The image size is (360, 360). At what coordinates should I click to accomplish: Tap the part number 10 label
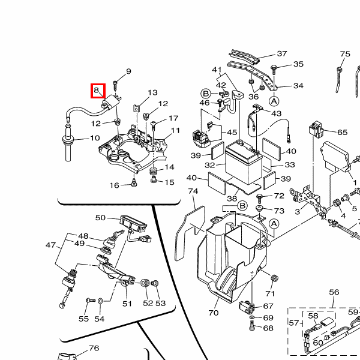pyautogui.click(x=95, y=139)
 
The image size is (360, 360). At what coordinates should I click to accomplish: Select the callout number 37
pyautogui.click(x=282, y=54)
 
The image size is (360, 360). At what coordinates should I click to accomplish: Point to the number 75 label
pyautogui.click(x=344, y=55)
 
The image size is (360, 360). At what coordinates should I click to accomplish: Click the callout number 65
pyautogui.click(x=342, y=133)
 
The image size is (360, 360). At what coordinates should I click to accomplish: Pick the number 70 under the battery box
pyautogui.click(x=214, y=313)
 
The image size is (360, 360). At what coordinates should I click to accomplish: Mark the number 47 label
pyautogui.click(x=51, y=245)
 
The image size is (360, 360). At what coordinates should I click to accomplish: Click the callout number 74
pyautogui.click(x=193, y=191)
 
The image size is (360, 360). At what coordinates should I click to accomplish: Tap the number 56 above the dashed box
pyautogui.click(x=334, y=292)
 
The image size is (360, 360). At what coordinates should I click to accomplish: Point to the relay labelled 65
pyautogui.click(x=316, y=130)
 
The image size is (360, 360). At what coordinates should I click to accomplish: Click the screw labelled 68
pyautogui.click(x=253, y=328)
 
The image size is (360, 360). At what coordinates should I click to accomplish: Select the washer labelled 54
pyautogui.click(x=100, y=299)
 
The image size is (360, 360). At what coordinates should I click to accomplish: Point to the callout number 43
pyautogui.click(x=276, y=113)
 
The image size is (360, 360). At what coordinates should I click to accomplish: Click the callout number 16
pyautogui.click(x=114, y=185)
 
